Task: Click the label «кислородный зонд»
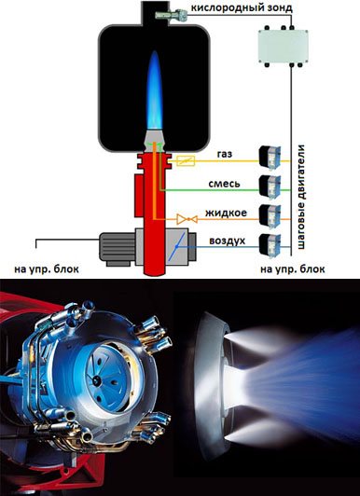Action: tap(242, 7)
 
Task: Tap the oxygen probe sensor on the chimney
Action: tap(172, 14)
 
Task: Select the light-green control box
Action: tap(283, 47)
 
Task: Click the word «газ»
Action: tap(225, 154)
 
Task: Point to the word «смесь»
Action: tap(224, 184)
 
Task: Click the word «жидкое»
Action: tap(226, 213)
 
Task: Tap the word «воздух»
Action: tap(228, 241)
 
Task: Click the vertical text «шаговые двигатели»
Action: tap(301, 197)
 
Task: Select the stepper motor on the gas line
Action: tap(270, 158)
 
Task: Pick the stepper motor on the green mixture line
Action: tap(270, 186)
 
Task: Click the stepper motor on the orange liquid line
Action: tap(270, 215)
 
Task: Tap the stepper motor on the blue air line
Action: tap(270, 244)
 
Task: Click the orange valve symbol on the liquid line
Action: tap(187, 219)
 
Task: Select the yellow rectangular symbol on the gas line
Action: tap(186, 161)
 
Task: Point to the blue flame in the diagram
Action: tap(155, 90)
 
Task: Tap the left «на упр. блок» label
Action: tap(47, 269)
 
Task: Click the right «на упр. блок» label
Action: tap(293, 269)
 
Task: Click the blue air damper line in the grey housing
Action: tap(176, 246)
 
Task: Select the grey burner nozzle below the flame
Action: tap(155, 141)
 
